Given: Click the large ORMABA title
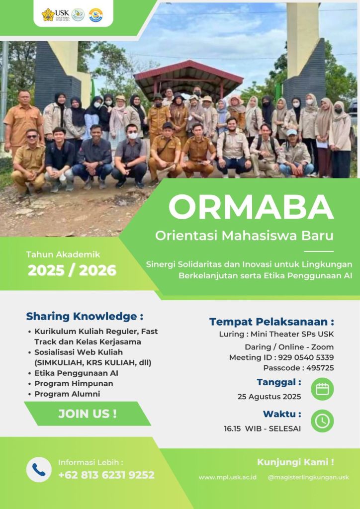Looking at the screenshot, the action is (x=251, y=208).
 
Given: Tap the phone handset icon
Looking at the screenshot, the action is (x=39, y=469).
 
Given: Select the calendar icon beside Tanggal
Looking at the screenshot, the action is (x=322, y=389).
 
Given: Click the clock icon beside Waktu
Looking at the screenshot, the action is (x=322, y=421).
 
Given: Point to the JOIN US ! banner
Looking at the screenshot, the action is (x=88, y=414).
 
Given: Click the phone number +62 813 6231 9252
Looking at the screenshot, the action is (x=106, y=475).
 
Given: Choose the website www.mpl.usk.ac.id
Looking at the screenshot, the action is (x=228, y=477).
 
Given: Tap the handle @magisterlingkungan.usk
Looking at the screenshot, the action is (x=308, y=477).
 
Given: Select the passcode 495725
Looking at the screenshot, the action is (x=320, y=368).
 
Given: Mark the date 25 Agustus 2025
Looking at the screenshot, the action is (x=269, y=397).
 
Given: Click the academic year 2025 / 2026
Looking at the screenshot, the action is (x=72, y=270).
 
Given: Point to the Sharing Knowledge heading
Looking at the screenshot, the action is (x=85, y=316).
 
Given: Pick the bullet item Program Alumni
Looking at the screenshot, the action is (x=67, y=394).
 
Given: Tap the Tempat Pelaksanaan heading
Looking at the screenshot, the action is (x=271, y=322).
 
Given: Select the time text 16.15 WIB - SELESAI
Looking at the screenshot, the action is (x=262, y=428).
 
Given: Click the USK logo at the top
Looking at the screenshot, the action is (x=56, y=14).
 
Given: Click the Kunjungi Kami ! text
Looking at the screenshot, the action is (x=295, y=462).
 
